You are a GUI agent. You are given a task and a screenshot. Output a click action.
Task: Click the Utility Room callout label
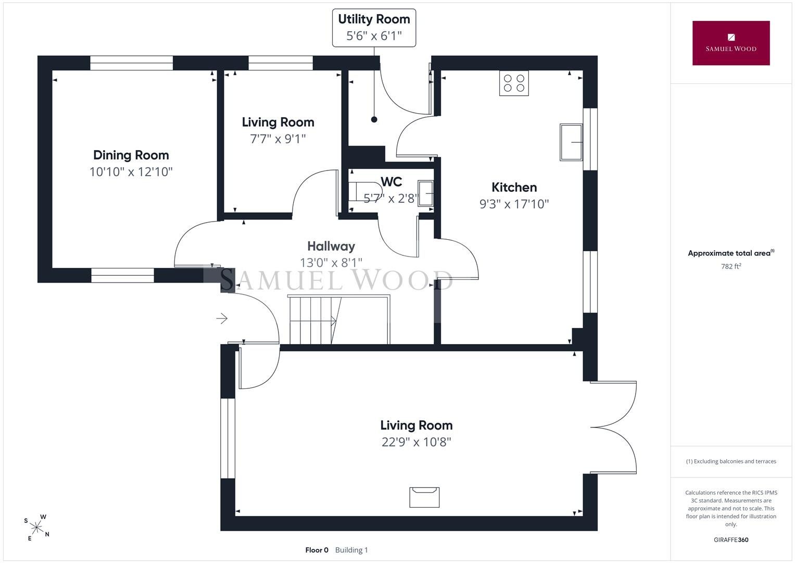[x=374, y=28]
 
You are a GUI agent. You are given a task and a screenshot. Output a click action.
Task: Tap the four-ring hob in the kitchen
[x=514, y=83]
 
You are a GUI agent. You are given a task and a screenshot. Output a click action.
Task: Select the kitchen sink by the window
[x=571, y=142]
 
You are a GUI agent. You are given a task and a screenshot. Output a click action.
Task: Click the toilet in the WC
[x=364, y=192]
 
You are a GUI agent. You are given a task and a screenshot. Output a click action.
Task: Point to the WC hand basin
[x=425, y=193]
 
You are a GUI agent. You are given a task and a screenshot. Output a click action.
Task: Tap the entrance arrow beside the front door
[x=222, y=319]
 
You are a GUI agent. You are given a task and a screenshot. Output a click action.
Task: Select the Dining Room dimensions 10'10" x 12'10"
[x=131, y=172]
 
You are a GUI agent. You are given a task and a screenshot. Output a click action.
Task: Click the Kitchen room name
[x=514, y=187]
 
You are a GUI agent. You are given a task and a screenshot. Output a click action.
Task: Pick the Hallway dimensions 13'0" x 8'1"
[x=331, y=263]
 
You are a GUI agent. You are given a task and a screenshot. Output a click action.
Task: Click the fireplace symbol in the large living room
[x=424, y=497]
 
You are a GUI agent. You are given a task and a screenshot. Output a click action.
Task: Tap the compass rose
[x=37, y=528]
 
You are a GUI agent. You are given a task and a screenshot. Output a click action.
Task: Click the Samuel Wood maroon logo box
[x=731, y=43]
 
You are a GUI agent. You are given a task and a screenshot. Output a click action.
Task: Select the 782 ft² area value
[x=731, y=266]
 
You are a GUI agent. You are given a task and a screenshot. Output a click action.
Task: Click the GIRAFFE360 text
[x=731, y=540]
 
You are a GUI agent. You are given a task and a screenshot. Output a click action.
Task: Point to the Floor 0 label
[x=317, y=550]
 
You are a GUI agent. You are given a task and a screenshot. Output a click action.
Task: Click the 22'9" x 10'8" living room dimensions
[x=417, y=442]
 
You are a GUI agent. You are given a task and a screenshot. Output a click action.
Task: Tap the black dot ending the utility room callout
[x=374, y=119]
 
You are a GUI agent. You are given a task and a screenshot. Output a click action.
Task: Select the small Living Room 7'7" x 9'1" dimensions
[x=278, y=139]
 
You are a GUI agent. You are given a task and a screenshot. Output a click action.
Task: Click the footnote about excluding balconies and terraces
[x=731, y=461]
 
